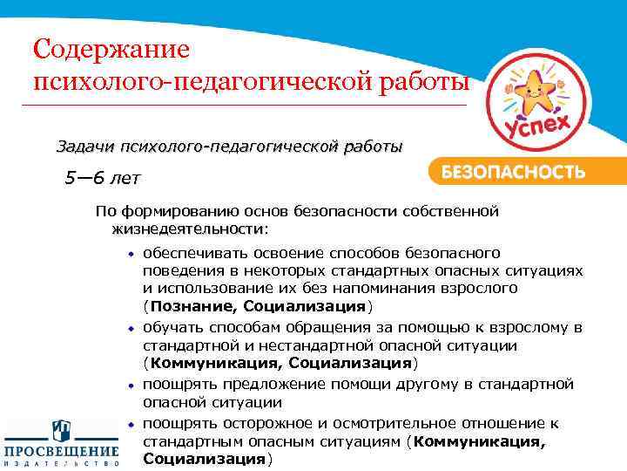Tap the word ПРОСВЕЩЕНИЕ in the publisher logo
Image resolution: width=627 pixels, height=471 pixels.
point(61,452)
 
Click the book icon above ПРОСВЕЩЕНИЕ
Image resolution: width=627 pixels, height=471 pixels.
point(61,430)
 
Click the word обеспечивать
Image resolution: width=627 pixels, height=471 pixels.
point(192,253)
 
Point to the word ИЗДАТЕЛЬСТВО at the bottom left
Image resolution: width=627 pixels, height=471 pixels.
point(61,465)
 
